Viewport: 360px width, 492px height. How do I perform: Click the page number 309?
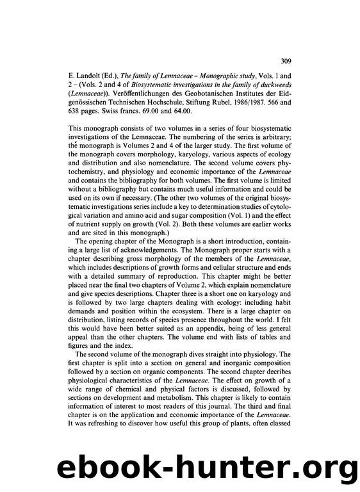(x=286, y=61)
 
